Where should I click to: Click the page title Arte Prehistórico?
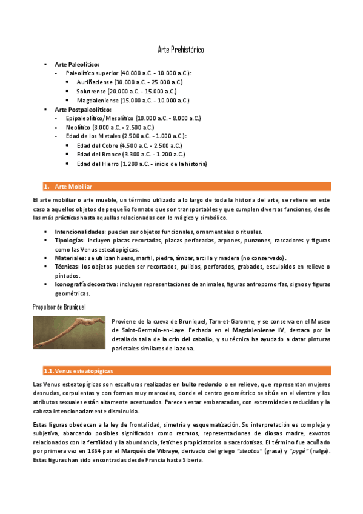coord(181,49)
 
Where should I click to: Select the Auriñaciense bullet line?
coord(129,81)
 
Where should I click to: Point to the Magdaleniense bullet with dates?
coord(133,100)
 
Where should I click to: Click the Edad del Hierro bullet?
coord(142,164)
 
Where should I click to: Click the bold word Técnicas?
coord(67,266)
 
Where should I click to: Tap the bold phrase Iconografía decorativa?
coord(85,284)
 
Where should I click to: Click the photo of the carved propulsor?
coord(69,332)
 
